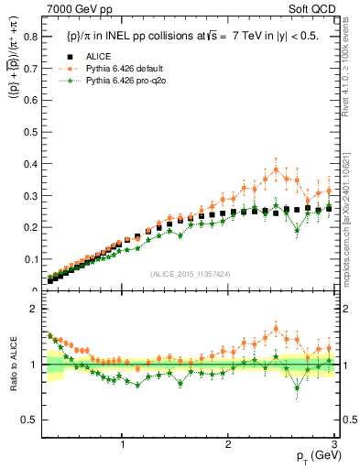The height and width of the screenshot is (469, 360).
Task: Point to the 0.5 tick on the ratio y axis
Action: coord(33,420)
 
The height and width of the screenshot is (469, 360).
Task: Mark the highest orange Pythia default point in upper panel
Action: coord(276,169)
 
